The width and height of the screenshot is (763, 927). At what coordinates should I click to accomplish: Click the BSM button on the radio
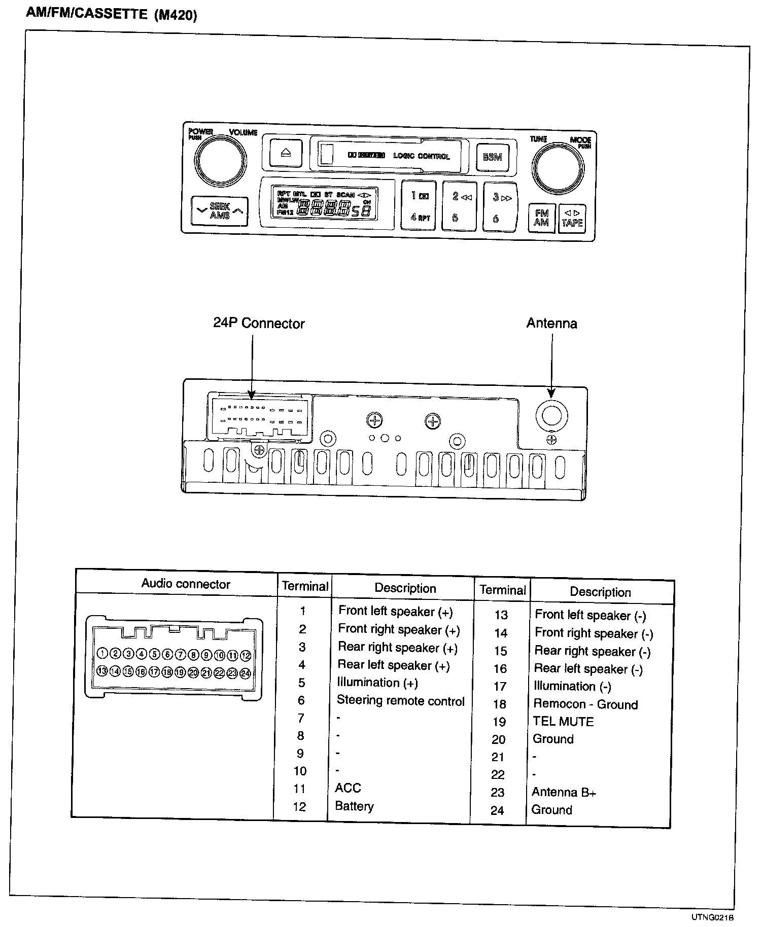[x=492, y=157]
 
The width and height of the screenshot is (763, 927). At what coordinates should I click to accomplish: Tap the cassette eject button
[x=286, y=153]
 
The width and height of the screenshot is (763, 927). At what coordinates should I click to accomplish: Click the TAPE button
[x=572, y=219]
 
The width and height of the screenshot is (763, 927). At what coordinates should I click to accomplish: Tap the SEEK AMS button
[x=220, y=211]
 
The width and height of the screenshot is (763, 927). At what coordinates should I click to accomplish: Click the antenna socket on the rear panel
[x=551, y=415]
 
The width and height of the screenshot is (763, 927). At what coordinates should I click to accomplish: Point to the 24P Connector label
[x=259, y=324]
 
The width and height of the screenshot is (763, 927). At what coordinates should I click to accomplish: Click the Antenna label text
[x=551, y=324]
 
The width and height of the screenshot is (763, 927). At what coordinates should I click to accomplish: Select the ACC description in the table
[x=348, y=788]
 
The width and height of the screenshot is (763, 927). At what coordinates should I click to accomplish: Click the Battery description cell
[x=354, y=806]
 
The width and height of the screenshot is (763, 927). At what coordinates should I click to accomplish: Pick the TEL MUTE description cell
[x=563, y=722]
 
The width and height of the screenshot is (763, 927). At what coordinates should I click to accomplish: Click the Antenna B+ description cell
[x=563, y=792]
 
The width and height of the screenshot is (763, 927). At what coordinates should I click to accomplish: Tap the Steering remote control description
[x=400, y=701]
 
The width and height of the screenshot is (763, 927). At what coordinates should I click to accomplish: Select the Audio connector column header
[x=186, y=584]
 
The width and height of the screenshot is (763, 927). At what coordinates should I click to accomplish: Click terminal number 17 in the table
[x=500, y=687]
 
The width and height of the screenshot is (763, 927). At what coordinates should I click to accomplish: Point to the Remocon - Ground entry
[x=585, y=704]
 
